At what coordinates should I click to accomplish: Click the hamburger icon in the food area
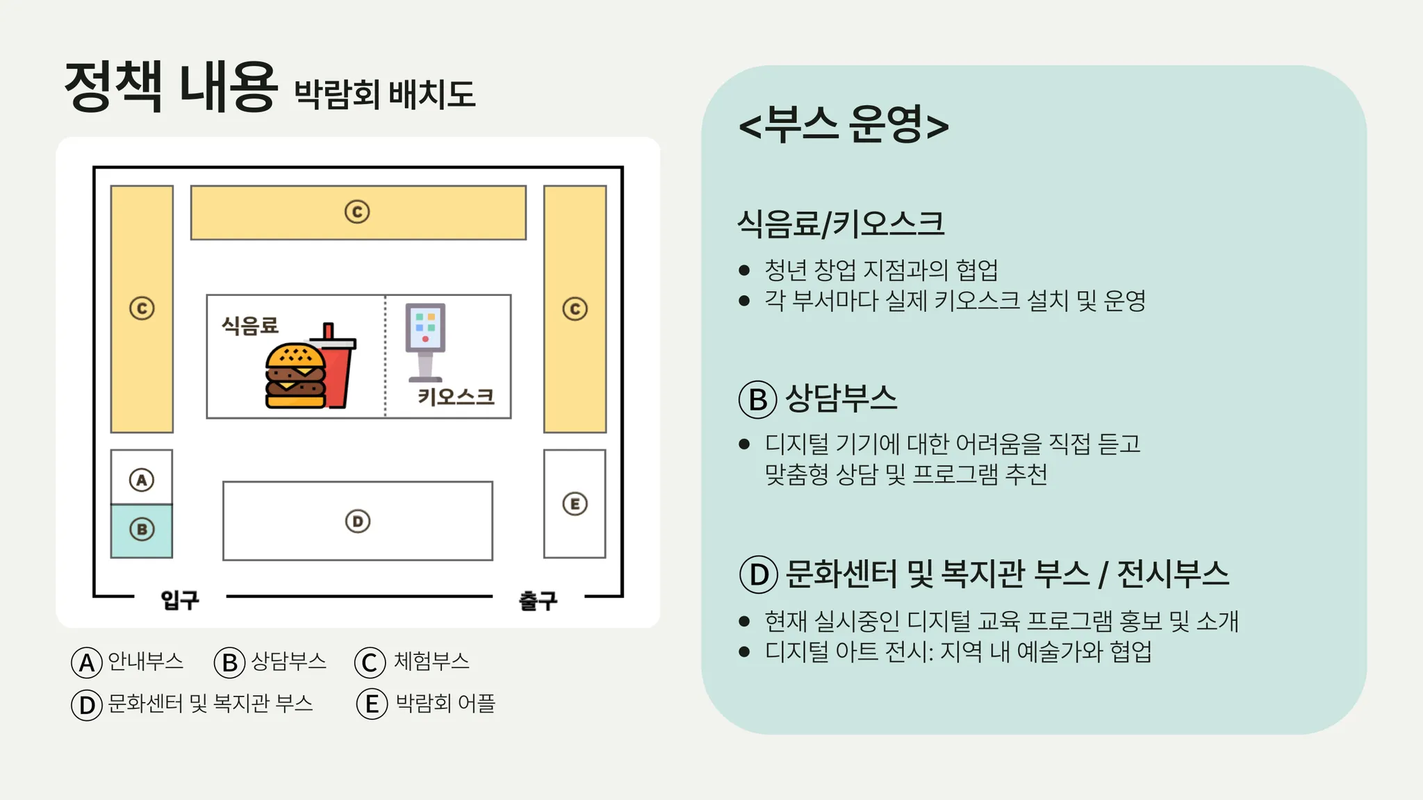point(295,376)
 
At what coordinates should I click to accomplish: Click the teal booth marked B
point(142,531)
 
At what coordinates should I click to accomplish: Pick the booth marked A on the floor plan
point(142,478)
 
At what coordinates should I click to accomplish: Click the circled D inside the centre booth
point(358,521)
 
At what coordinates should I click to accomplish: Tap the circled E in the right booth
point(575,503)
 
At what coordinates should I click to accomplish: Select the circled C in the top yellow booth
point(357,212)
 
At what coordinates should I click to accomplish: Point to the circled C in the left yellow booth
point(142,308)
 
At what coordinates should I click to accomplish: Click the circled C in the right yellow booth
point(575,308)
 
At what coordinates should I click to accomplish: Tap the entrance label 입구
point(180,599)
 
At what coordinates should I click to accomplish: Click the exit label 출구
point(538,600)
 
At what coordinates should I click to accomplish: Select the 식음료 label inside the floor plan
point(250,325)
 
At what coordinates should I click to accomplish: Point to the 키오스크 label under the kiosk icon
point(456,397)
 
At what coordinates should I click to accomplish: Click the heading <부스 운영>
point(844,125)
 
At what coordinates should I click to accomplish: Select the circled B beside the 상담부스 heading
point(757,399)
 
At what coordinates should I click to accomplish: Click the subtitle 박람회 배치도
point(385,94)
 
